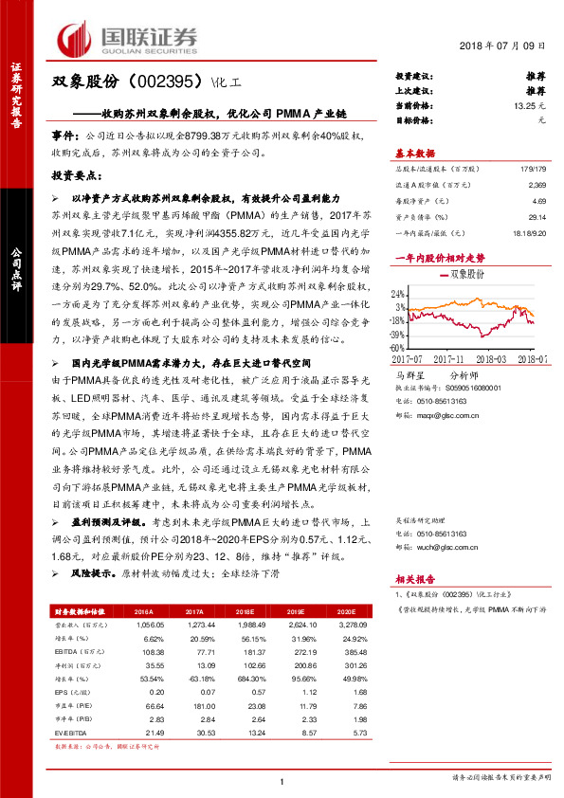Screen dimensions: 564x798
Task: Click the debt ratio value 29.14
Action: click(x=537, y=217)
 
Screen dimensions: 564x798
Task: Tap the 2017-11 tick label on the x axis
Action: click(x=452, y=358)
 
